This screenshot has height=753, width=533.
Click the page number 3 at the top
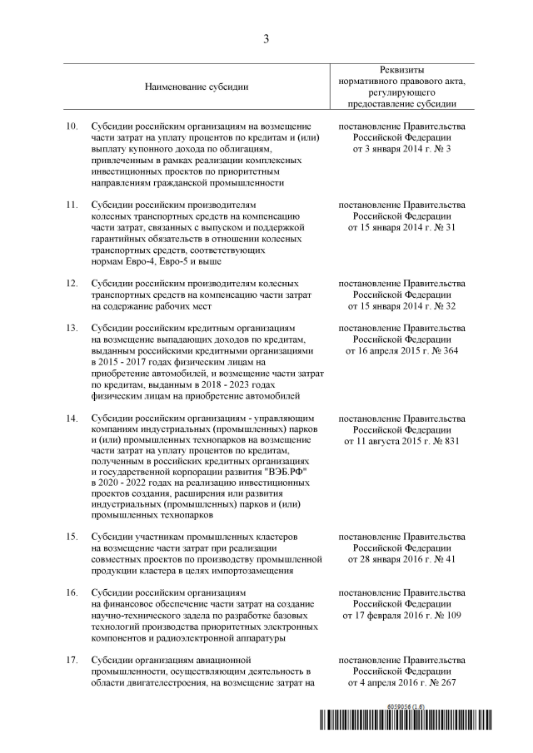[x=266, y=38]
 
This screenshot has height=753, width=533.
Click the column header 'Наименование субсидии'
[x=197, y=87]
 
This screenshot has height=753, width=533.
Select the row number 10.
[x=72, y=126]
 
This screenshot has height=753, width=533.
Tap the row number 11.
[x=72, y=204]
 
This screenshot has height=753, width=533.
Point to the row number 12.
[x=72, y=283]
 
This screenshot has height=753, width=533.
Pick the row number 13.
[x=72, y=328]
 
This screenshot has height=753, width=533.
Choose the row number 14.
[x=72, y=418]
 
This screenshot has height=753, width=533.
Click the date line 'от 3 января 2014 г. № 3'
[x=401, y=148]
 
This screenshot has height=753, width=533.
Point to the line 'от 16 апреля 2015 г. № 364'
[x=401, y=350]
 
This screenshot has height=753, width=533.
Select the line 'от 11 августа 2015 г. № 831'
[x=401, y=440]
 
